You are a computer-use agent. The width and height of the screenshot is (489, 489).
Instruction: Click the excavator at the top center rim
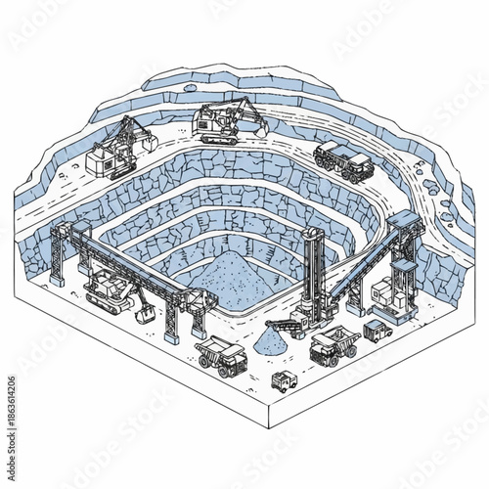(223, 120)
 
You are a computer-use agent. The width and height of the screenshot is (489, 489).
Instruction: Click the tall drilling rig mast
(313, 274)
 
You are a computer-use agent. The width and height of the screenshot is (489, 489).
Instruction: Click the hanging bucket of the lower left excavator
(145, 315)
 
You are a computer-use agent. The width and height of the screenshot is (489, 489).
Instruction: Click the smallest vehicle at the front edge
(284, 381)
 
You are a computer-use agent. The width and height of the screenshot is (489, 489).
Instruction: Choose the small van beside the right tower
(377, 331)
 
